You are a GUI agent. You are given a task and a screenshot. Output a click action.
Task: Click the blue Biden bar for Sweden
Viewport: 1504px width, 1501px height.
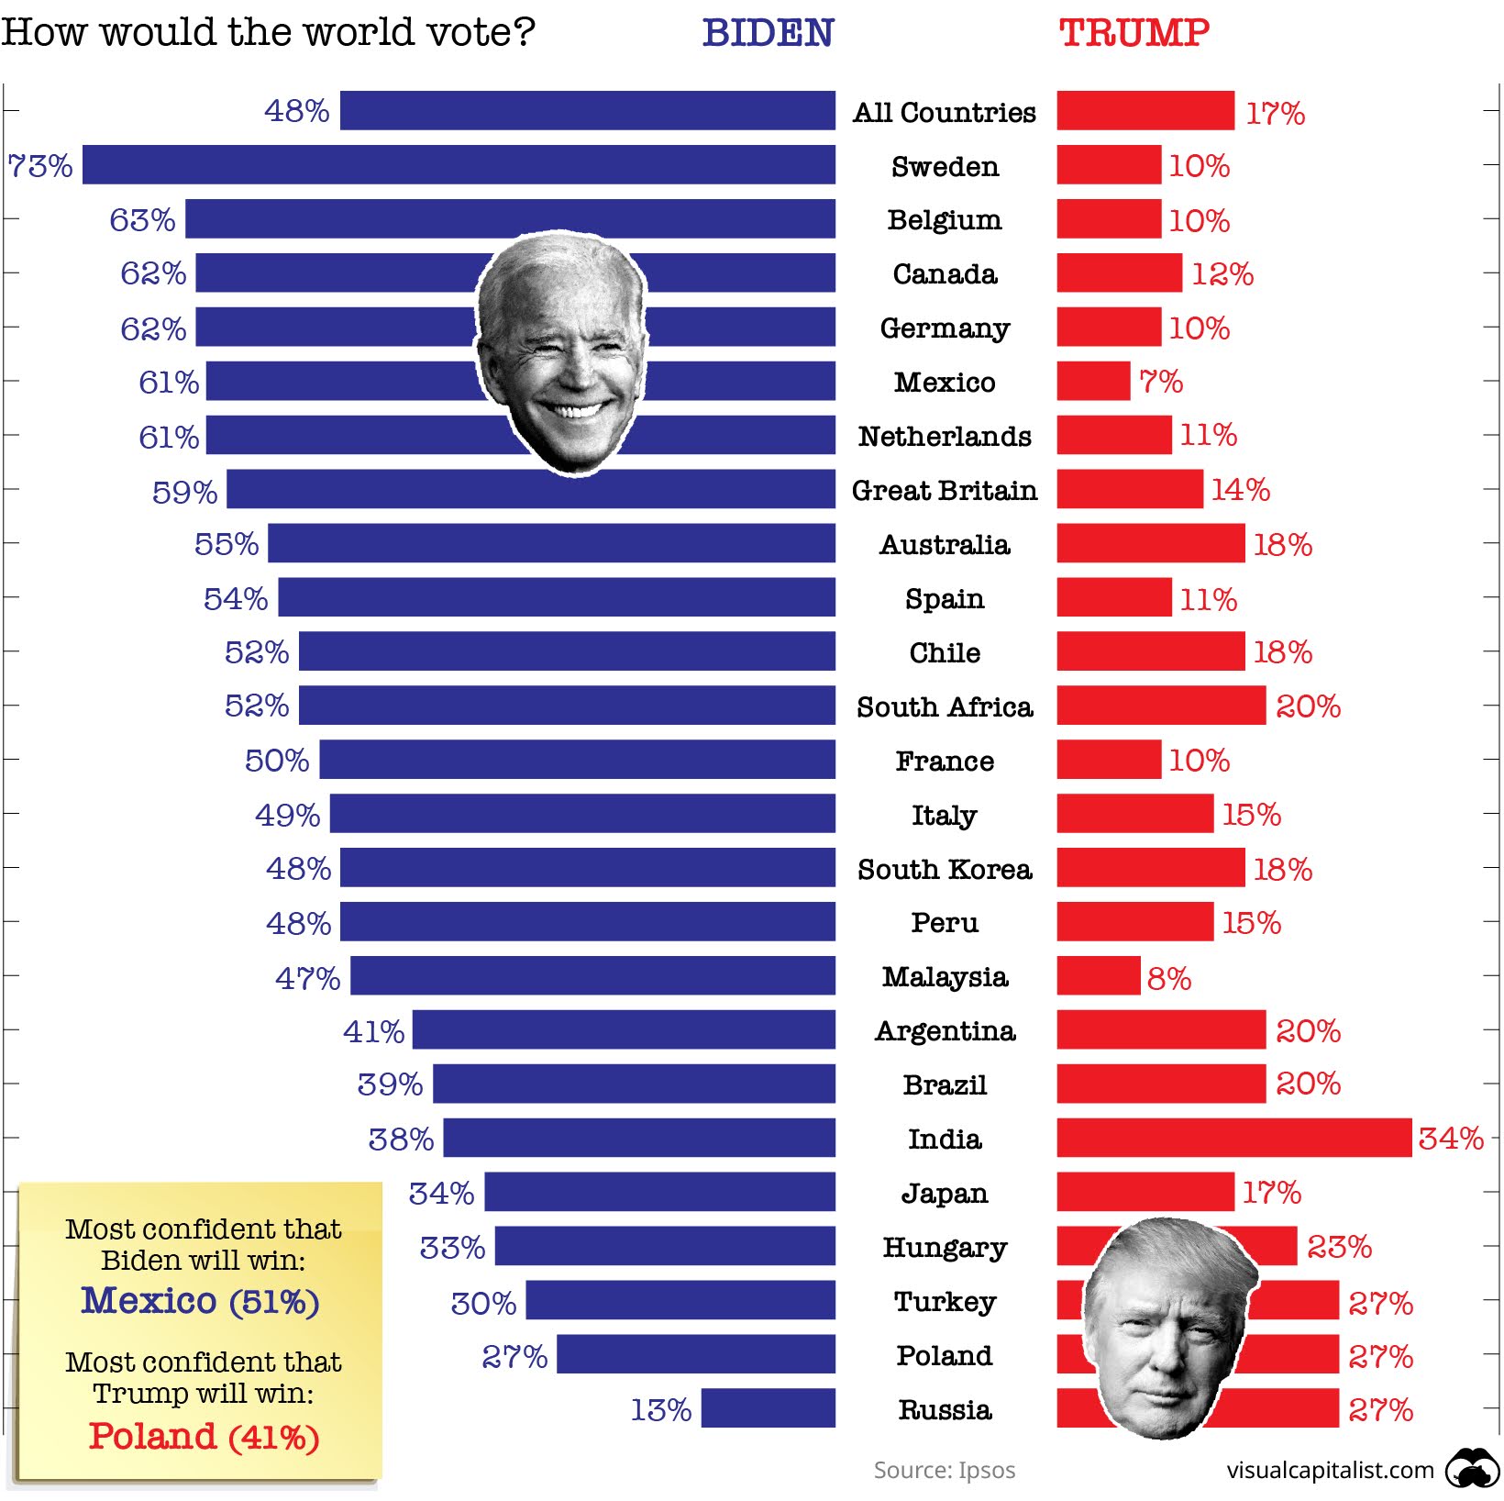(459, 165)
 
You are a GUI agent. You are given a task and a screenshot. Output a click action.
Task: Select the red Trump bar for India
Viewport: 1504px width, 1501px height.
(1233, 1138)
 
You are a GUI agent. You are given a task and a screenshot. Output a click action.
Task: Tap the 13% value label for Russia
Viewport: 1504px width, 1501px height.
(660, 1409)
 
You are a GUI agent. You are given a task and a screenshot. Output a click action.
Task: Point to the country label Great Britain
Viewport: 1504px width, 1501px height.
(945, 490)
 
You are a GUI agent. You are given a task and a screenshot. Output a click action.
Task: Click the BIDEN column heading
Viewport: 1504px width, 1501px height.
(768, 33)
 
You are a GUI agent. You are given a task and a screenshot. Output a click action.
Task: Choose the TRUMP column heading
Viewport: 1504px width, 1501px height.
(1134, 33)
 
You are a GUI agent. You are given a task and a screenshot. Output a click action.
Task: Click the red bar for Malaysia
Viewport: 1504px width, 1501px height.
(1098, 976)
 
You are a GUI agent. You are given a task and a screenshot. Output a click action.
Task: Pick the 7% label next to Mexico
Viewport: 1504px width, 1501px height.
(1161, 382)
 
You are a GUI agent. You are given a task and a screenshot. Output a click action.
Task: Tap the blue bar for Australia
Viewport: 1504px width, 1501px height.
(551, 543)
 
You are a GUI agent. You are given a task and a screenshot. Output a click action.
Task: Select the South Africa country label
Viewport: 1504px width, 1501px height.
(945, 706)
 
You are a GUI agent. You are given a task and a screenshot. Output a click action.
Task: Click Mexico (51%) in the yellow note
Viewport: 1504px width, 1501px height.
(200, 1301)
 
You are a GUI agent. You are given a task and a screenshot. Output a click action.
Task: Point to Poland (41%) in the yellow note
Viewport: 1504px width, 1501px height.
(204, 1437)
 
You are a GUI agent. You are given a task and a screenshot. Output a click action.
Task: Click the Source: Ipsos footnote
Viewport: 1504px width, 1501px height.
(944, 1470)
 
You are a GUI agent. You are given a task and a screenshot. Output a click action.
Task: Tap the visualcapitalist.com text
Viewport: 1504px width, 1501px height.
(1330, 1470)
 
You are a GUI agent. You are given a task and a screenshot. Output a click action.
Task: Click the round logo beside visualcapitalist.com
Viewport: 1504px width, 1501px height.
(1472, 1469)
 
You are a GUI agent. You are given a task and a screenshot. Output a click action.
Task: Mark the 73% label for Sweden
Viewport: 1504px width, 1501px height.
(40, 166)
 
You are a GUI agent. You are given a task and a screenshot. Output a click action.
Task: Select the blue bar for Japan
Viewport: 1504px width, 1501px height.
(659, 1192)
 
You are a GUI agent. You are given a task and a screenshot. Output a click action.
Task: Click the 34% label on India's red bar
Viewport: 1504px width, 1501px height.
(1450, 1139)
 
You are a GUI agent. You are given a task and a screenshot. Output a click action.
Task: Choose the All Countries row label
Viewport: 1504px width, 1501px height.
(945, 112)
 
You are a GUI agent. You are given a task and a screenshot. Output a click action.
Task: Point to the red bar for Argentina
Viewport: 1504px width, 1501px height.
(1161, 1029)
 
